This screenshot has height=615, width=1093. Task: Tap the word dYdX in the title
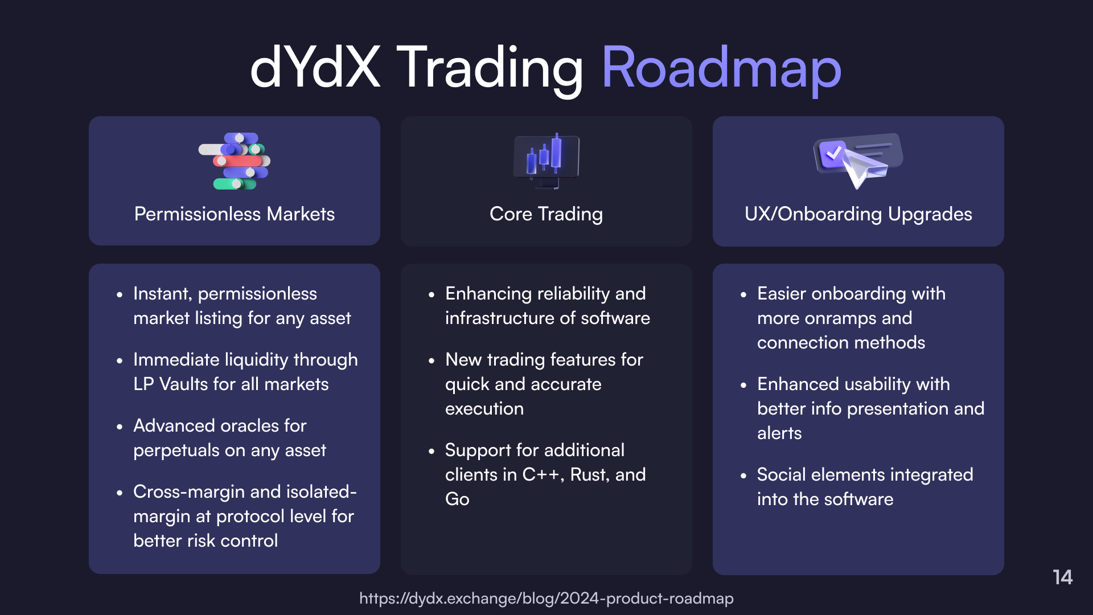point(315,67)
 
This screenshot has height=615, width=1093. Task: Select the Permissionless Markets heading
point(235,214)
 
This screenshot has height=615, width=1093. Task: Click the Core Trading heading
point(546,214)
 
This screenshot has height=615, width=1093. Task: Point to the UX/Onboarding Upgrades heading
point(858,214)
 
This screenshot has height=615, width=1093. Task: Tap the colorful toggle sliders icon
point(235,161)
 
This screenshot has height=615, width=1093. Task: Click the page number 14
point(1062,577)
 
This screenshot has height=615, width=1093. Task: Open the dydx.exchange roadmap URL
point(546,598)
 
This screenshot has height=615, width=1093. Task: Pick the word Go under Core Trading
point(457,499)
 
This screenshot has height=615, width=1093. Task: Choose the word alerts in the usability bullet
point(779,433)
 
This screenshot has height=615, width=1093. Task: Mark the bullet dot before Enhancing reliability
point(432,295)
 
